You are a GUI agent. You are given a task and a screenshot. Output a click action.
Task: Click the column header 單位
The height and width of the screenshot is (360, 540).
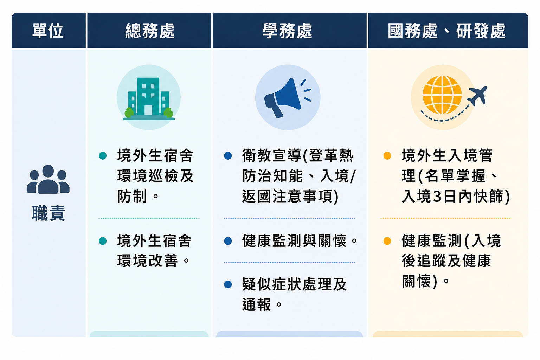[x=48, y=31]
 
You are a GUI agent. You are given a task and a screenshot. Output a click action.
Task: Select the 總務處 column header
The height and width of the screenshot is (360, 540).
[x=150, y=31]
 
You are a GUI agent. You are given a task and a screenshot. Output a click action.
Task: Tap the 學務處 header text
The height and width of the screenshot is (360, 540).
[x=287, y=31]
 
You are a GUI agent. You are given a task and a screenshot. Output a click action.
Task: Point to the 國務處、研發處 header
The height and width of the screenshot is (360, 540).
[x=447, y=31]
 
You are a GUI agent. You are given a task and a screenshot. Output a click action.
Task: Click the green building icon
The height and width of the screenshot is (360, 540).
[x=149, y=99]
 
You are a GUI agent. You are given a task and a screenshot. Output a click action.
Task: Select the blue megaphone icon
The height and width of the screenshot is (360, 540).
[x=287, y=98]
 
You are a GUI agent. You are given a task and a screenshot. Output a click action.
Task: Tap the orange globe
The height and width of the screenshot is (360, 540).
[x=442, y=95]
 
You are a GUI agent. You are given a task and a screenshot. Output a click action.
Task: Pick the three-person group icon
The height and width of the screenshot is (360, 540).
[x=48, y=179]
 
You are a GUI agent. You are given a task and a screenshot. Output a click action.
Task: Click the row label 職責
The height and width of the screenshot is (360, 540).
[x=49, y=213]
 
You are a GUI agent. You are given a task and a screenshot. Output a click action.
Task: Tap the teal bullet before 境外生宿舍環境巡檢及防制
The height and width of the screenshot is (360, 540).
[x=103, y=155]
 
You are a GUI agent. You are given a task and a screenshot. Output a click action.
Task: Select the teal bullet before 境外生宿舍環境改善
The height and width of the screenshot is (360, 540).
[x=103, y=241]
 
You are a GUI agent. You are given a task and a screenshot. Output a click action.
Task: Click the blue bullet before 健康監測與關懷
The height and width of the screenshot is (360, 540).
[x=228, y=241]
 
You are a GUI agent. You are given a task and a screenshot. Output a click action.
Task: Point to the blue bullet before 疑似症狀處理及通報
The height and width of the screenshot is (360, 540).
[x=228, y=284]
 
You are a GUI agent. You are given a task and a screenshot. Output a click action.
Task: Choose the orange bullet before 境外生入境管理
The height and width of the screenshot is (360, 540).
[x=387, y=155]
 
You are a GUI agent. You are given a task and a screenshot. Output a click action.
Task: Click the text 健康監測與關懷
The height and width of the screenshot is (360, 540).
[x=294, y=241]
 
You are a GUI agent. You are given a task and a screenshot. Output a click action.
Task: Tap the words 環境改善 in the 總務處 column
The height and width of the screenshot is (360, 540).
[x=148, y=261]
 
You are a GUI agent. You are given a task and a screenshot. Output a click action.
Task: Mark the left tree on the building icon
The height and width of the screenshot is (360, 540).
[x=129, y=112]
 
